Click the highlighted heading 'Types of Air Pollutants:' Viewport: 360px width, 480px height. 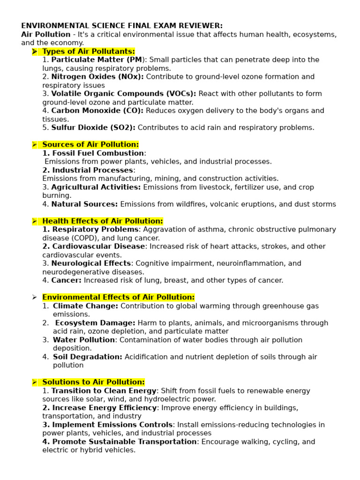88,51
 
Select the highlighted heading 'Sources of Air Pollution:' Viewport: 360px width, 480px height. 90,144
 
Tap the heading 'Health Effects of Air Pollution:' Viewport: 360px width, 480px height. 103,221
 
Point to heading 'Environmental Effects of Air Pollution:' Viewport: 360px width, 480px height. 118,297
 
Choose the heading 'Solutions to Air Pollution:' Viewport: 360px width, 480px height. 93,382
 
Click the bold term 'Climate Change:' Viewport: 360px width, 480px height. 85,306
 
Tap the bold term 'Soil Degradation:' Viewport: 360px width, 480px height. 88,357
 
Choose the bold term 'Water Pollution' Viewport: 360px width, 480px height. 84,340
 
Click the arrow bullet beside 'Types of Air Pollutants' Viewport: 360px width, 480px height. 35,51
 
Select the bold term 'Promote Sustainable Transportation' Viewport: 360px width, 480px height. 124,442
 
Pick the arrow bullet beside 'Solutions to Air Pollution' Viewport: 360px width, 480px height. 35,382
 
